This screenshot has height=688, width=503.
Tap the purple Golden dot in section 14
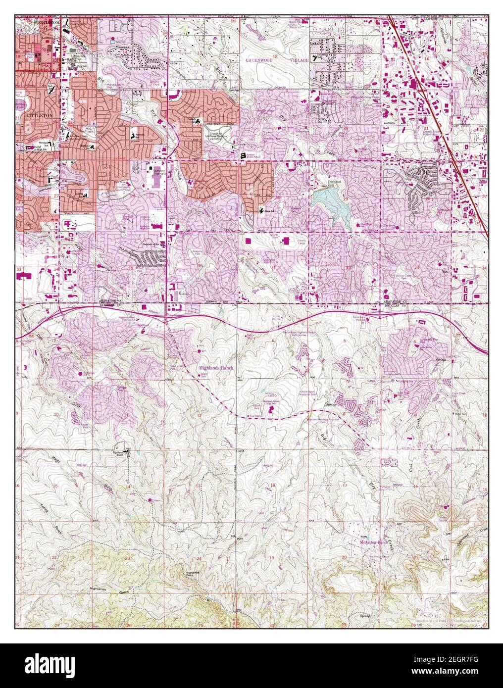[151, 500]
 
